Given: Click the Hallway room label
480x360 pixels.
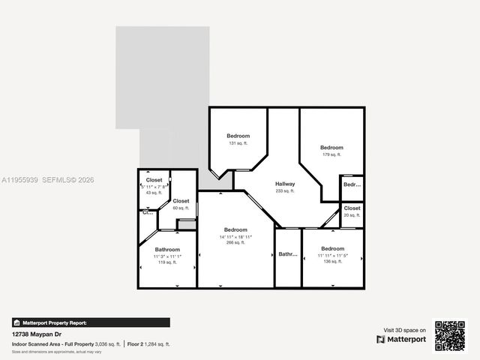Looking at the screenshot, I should pyautogui.click(x=285, y=184).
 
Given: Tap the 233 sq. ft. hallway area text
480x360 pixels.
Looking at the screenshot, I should pyautogui.click(x=285, y=191).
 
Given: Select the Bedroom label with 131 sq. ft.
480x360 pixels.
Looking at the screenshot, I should pyautogui.click(x=238, y=136).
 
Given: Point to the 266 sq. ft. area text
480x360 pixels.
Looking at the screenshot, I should pyautogui.click(x=235, y=243).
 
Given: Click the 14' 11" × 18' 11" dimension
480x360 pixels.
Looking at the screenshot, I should pyautogui.click(x=235, y=237).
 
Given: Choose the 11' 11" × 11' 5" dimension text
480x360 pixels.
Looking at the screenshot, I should pyautogui.click(x=333, y=256).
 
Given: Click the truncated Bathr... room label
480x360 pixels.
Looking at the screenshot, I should pyautogui.click(x=288, y=254).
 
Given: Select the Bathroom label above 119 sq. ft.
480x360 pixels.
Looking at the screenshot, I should pyautogui.click(x=167, y=250).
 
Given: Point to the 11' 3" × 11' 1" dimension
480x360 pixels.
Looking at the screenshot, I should pyautogui.click(x=167, y=256).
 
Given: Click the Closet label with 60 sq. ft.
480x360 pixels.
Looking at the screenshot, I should pyautogui.click(x=181, y=201).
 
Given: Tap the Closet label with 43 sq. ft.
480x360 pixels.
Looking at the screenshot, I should pyautogui.click(x=154, y=180).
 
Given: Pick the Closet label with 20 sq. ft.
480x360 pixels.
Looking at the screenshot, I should pyautogui.click(x=352, y=208).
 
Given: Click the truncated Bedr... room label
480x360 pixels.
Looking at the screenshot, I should pyautogui.click(x=352, y=184).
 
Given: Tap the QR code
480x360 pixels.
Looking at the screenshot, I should pyautogui.click(x=450, y=335).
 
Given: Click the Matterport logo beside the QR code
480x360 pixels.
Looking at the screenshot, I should pyautogui.click(x=402, y=339).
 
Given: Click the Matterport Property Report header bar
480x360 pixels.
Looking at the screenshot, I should pyautogui.click(x=90, y=322).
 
